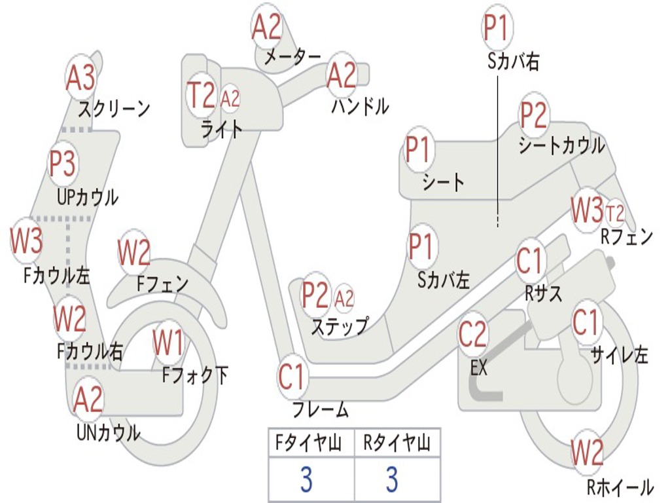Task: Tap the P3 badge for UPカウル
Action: pyautogui.click(x=63, y=164)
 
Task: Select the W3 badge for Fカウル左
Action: pyautogui.click(x=27, y=240)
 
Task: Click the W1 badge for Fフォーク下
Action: pyautogui.click(x=168, y=341)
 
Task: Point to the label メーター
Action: pyautogui.click(x=292, y=58)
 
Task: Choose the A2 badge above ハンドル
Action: pyautogui.click(x=342, y=75)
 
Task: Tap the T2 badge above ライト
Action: pyautogui.click(x=201, y=96)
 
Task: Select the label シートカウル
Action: pyautogui.click(x=561, y=146)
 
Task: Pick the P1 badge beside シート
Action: pyautogui.click(x=419, y=150)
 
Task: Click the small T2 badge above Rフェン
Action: pyautogui.click(x=615, y=213)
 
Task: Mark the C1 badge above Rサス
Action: pyautogui.click(x=531, y=261)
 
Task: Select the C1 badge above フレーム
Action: pyautogui.click(x=292, y=377)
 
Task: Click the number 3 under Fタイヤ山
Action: pyautogui.click(x=306, y=480)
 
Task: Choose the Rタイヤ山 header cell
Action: pyautogui.click(x=397, y=444)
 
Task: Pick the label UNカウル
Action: pyautogui.click(x=109, y=432)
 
